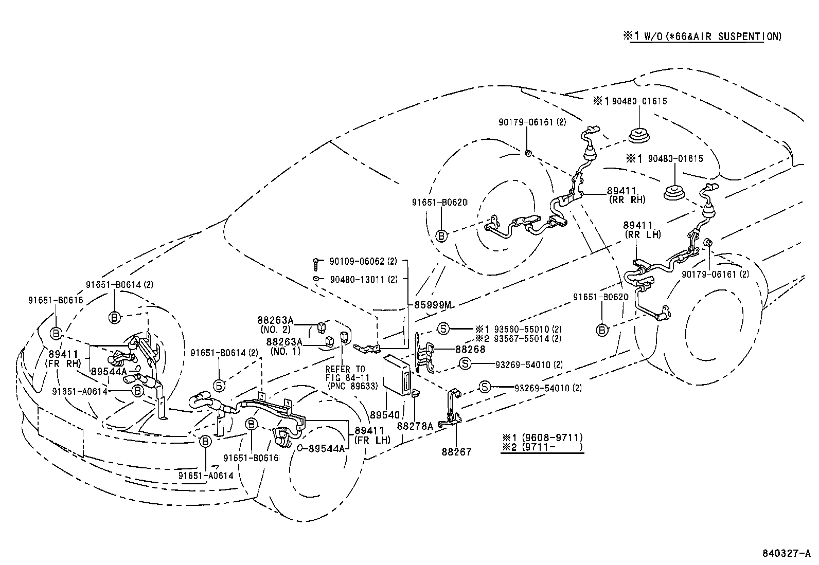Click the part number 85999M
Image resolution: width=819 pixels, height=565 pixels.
pyautogui.click(x=433, y=305)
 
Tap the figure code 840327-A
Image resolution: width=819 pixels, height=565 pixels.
pyautogui.click(x=786, y=554)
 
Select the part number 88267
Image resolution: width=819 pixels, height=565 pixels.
pyautogui.click(x=456, y=452)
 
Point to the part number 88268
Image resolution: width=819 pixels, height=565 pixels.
pyautogui.click(x=470, y=349)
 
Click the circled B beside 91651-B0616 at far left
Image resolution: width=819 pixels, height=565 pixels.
pyautogui.click(x=56, y=334)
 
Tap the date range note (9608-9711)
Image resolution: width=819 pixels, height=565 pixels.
pyautogui.click(x=542, y=438)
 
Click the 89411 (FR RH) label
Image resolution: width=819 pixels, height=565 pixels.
pyautogui.click(x=64, y=358)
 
